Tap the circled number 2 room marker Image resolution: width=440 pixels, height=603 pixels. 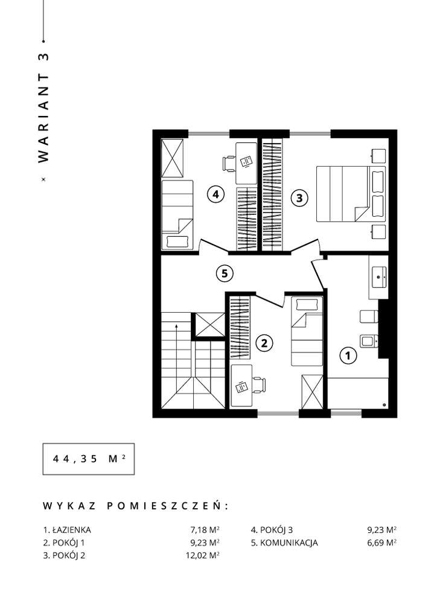tap(263, 343)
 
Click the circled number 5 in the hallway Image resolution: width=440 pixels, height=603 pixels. tap(224, 273)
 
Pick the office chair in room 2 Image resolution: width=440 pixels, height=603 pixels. tap(257, 384)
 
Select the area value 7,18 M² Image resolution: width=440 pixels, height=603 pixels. tap(204, 530)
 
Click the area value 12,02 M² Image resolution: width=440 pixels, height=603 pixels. tap(202, 555)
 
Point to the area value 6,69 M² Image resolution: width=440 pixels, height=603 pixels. tap(381, 543)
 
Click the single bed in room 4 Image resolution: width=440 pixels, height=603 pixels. tap(176, 214)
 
